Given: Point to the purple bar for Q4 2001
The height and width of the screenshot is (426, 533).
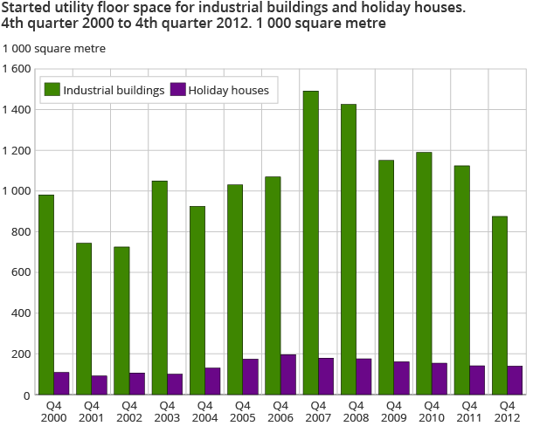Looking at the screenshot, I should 99,385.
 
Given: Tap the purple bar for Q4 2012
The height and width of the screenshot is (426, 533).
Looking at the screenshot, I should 515,380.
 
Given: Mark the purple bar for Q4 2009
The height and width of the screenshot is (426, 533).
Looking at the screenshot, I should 401,378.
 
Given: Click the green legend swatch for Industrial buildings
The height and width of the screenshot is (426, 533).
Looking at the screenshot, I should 52,89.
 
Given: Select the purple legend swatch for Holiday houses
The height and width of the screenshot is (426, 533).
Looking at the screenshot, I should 177,89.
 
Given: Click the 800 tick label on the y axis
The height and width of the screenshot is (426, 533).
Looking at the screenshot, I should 20,232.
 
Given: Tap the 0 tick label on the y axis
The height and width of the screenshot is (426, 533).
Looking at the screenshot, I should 27,395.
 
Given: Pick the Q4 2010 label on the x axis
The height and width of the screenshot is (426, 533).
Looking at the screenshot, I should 431,411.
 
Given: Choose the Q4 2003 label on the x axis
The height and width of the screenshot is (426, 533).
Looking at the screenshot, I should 167,411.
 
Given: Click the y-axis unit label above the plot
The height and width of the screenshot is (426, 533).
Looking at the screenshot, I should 54,49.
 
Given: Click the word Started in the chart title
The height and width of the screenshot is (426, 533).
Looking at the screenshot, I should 27,10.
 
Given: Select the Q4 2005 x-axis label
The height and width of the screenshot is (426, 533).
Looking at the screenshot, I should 242,411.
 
